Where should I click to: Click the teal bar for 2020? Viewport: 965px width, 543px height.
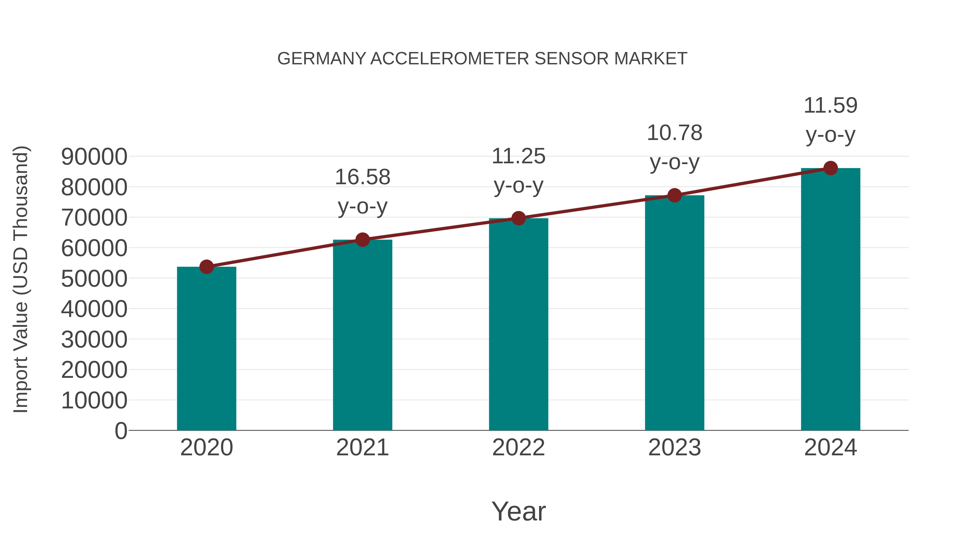[x=206, y=349]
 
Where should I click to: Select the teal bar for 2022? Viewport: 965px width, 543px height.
[x=518, y=324]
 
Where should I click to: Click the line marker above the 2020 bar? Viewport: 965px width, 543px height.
[x=206, y=267]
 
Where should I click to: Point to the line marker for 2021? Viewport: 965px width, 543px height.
[x=362, y=239]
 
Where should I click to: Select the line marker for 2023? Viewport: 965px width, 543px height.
[x=674, y=195]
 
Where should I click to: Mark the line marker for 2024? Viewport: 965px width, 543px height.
[x=830, y=168]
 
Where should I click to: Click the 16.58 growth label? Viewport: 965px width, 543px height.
[x=362, y=177]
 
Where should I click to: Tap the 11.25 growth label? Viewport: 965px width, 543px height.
[x=518, y=156]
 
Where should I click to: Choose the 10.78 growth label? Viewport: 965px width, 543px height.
[x=674, y=133]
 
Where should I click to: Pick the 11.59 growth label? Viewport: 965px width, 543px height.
[x=830, y=105]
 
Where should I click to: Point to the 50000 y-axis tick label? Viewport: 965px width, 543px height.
[x=94, y=279]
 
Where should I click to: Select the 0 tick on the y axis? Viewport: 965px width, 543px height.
[x=121, y=431]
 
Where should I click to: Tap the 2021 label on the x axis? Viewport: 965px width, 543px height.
[x=362, y=448]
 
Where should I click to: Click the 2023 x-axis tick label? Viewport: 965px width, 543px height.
[x=674, y=448]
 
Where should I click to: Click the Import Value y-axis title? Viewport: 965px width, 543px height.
[x=21, y=279]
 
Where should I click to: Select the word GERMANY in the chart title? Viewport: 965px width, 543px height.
[x=321, y=59]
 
